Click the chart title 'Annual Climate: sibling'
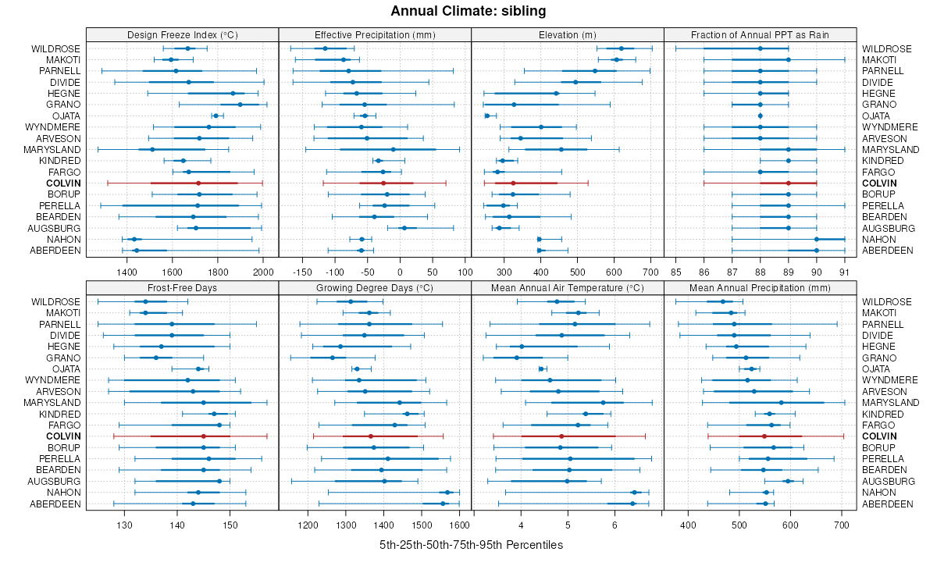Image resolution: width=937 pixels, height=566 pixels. (x=468, y=11)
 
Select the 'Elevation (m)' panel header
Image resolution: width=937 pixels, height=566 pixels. (x=568, y=34)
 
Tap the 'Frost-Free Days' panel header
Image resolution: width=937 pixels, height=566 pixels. (x=182, y=287)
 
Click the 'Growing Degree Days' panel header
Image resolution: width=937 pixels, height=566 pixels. (x=375, y=287)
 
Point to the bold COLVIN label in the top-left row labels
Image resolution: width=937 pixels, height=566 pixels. (x=62, y=183)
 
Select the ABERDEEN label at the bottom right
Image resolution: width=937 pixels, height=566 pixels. (x=888, y=250)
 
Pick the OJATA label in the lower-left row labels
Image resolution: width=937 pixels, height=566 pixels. (x=66, y=368)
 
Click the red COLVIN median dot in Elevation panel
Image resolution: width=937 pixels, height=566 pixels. (x=512, y=183)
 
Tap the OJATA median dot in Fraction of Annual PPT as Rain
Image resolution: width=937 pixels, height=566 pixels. (x=760, y=116)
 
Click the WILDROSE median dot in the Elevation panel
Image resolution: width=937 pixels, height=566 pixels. (x=622, y=48)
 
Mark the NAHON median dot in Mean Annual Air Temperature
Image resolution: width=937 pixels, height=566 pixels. (x=634, y=493)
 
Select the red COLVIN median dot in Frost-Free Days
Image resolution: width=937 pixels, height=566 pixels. (x=203, y=436)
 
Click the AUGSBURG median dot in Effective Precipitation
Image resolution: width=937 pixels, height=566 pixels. (x=404, y=228)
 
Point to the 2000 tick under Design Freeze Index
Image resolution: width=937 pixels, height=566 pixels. (x=263, y=272)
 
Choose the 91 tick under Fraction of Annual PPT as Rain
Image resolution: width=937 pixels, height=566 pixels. (x=844, y=272)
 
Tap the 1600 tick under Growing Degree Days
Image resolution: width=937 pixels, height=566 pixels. (x=459, y=525)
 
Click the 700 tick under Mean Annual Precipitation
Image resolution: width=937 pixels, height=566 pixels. (x=840, y=525)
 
